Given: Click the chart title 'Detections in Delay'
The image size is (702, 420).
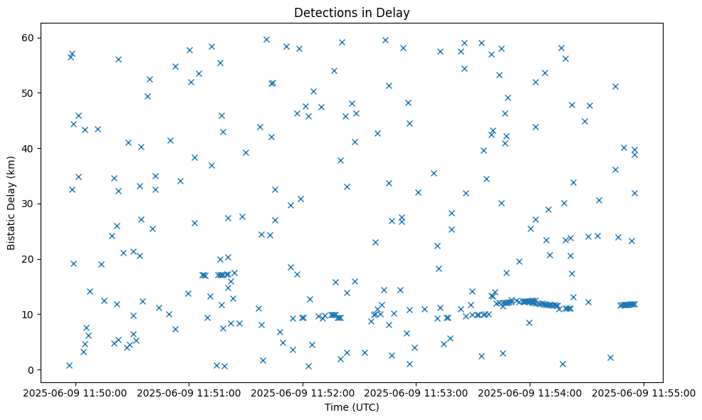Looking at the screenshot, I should [x=352, y=13].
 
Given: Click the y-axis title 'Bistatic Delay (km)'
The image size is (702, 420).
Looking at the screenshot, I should [x=11, y=202].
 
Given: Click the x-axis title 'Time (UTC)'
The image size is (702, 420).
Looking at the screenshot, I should [x=352, y=407].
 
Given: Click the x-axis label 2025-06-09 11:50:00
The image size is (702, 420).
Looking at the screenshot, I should [x=75, y=392].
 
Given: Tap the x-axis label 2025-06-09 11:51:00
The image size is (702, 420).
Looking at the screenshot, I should [x=189, y=392].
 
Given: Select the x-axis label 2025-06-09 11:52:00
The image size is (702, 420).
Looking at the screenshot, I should [x=303, y=392].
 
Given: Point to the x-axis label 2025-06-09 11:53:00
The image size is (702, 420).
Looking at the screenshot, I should [x=417, y=392].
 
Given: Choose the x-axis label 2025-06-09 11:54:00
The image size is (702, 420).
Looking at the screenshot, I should [x=530, y=392].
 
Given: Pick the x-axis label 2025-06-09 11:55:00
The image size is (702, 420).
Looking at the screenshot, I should [x=644, y=392].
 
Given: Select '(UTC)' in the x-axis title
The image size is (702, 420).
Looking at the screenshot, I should [x=365, y=407].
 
